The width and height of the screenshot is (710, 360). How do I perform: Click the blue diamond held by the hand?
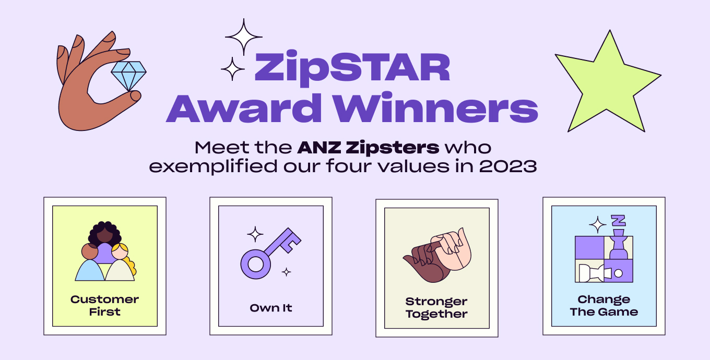click(128, 76)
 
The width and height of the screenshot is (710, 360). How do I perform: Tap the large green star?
click(606, 83)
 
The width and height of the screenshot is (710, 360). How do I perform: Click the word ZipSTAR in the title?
click(352, 67)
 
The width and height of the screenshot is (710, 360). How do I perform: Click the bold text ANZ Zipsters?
click(368, 148)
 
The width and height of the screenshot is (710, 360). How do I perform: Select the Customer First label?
click(104, 306)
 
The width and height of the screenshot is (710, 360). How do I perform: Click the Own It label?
click(270, 308)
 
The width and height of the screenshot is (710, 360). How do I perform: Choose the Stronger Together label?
click(436, 308)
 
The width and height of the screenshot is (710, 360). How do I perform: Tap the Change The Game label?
click(604, 306)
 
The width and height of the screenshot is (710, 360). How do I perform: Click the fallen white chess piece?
click(593, 272)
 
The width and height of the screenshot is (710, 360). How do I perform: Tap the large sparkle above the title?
click(243, 37)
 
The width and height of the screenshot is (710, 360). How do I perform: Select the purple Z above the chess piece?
click(619, 220)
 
